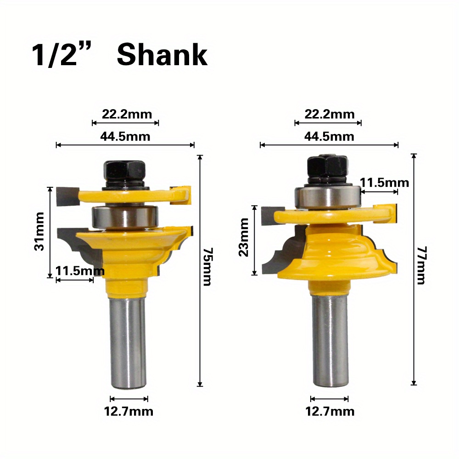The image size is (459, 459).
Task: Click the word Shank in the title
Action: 162,56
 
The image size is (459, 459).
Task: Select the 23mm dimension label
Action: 243,243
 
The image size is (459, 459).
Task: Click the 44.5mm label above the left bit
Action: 125,136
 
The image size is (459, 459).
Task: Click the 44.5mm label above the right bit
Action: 329,136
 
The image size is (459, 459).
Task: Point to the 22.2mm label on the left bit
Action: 126,114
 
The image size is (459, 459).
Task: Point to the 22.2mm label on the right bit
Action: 330,114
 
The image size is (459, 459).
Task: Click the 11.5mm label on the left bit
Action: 80,271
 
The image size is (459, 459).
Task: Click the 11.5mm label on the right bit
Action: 384,182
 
